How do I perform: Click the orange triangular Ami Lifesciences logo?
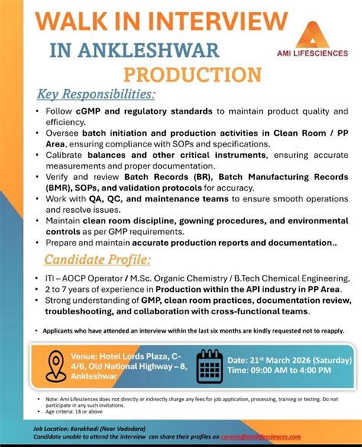click(x=312, y=34)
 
